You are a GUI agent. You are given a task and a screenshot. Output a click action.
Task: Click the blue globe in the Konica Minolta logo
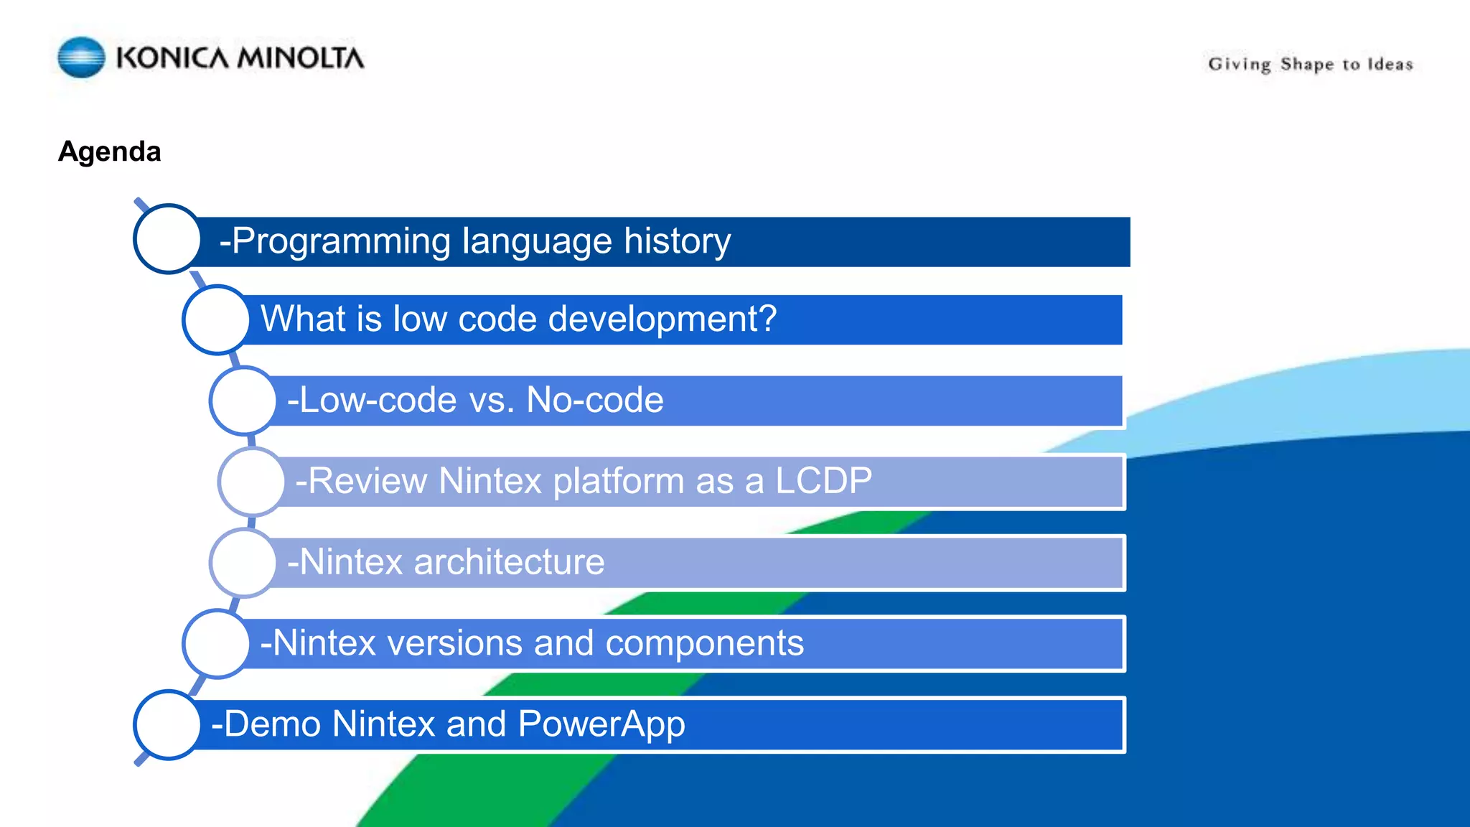click(x=81, y=57)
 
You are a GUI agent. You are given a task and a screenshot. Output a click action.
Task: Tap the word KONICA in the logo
click(x=172, y=58)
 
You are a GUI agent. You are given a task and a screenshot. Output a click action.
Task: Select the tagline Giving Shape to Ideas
click(x=1311, y=65)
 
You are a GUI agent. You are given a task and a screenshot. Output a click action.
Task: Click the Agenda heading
click(x=110, y=151)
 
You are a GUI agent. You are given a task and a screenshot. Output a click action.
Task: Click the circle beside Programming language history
click(x=167, y=239)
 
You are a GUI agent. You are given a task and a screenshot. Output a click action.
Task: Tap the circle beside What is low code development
click(x=216, y=319)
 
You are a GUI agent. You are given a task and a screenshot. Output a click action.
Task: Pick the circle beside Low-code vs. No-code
click(x=243, y=401)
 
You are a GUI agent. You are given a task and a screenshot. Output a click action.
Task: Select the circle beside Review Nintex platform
click(x=252, y=482)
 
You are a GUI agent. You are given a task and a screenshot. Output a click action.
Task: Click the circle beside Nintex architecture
click(x=243, y=563)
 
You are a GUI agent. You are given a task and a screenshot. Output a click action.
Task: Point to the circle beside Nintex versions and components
click(x=216, y=644)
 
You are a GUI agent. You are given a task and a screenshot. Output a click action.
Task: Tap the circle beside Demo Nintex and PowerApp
click(x=167, y=725)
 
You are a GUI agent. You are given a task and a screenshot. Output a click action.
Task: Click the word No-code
click(x=595, y=400)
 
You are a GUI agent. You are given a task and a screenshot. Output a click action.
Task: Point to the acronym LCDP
click(x=823, y=481)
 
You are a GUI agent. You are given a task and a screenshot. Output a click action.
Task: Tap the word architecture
click(x=509, y=562)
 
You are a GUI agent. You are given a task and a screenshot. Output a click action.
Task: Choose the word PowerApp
click(x=601, y=725)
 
